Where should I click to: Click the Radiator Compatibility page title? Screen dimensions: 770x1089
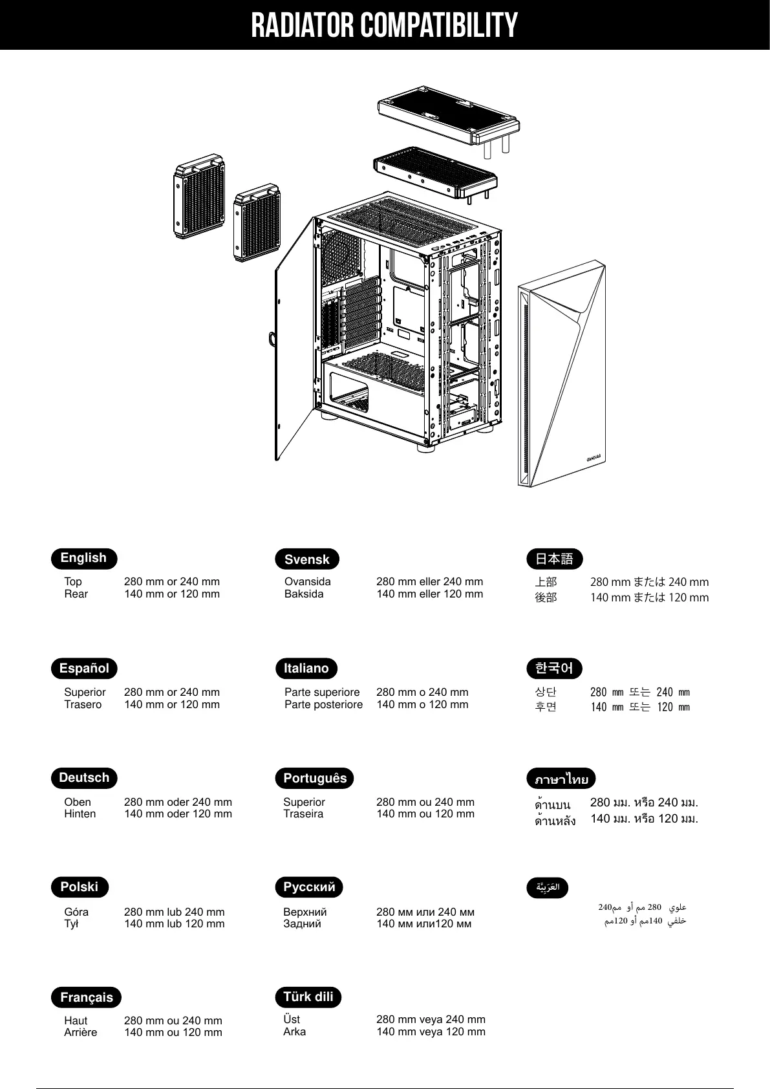(384, 25)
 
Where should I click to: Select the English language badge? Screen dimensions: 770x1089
(83, 558)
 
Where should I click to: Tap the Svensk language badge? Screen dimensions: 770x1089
(307, 559)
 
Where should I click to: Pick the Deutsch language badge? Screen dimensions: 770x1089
(84, 777)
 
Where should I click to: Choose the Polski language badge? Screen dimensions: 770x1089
(80, 887)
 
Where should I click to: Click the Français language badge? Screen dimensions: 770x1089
(87, 997)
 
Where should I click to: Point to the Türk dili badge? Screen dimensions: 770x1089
(308, 997)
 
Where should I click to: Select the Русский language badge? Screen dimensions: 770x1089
(309, 887)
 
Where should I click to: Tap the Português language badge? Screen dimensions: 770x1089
(315, 778)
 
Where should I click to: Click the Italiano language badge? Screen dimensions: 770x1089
(306, 668)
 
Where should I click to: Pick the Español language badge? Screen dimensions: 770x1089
(84, 668)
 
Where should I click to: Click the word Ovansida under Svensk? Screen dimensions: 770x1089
(307, 581)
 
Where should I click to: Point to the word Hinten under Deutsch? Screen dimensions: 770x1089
(80, 814)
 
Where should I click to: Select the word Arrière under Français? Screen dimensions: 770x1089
(80, 1032)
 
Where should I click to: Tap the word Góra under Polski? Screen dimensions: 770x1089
(76, 912)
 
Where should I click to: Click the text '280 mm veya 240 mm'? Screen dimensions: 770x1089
(431, 1019)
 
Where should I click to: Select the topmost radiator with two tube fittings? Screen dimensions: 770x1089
(447, 116)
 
